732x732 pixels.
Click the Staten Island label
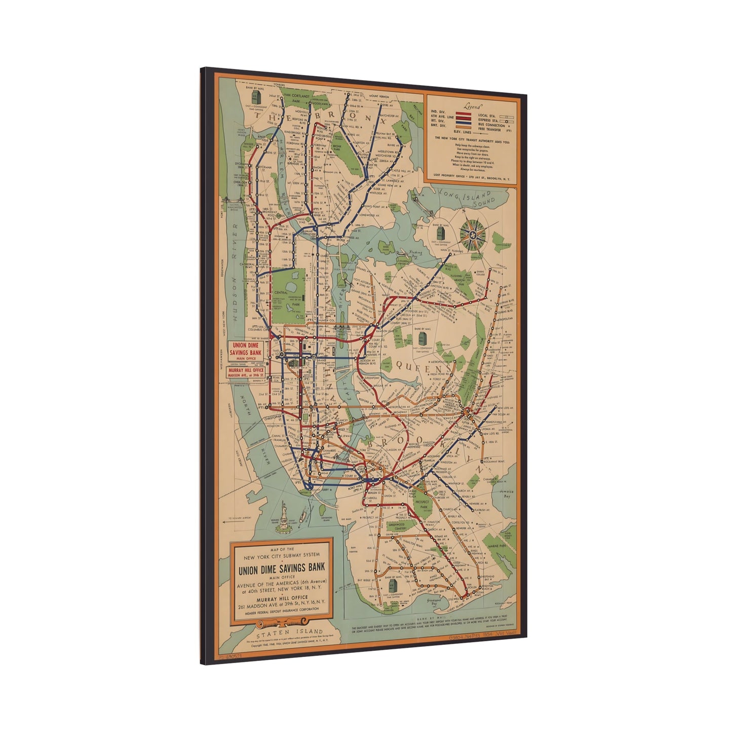289,633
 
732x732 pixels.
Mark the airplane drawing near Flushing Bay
401,253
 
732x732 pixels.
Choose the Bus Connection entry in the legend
491,126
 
